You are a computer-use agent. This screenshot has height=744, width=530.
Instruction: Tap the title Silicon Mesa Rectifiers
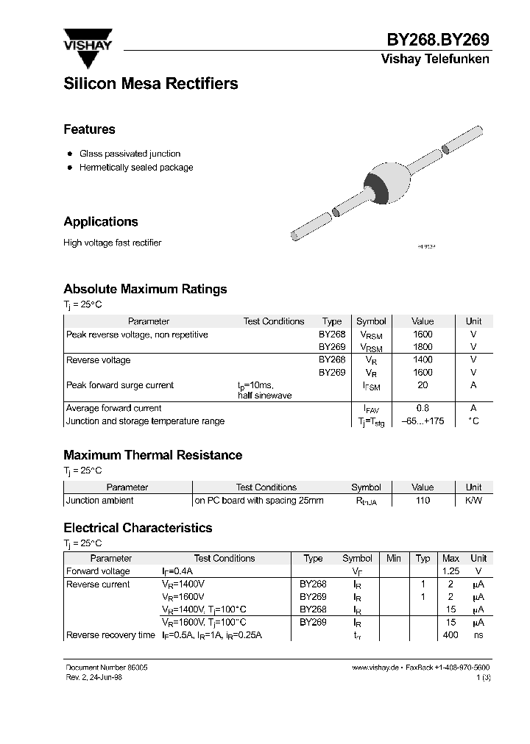[151, 84]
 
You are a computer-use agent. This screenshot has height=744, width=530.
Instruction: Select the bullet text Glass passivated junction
[130, 154]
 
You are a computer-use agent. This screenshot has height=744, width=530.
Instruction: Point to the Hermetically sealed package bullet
[136, 168]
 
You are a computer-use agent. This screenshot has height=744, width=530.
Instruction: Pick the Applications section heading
[101, 222]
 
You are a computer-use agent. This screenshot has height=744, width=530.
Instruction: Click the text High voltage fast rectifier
[112, 243]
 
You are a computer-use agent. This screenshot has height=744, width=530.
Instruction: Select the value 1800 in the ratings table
[423, 347]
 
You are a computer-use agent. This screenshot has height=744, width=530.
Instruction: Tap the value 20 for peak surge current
[423, 385]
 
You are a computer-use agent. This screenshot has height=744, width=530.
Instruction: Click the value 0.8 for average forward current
[423, 408]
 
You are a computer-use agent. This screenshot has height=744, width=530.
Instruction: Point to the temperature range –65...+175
[423, 421]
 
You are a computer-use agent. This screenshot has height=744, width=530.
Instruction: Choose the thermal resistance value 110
[423, 501]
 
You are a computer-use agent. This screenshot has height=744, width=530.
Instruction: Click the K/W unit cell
[473, 501]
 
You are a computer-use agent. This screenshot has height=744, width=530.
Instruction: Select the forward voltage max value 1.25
[451, 571]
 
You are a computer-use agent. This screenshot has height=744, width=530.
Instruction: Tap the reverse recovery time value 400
[451, 635]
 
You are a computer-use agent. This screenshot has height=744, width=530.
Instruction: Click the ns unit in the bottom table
[478, 635]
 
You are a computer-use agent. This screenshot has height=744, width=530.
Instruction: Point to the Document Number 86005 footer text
[101, 667]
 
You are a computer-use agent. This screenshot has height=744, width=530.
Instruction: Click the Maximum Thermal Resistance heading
[153, 456]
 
